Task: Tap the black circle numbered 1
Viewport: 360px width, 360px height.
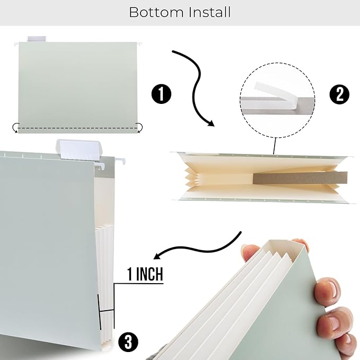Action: [x=161, y=94]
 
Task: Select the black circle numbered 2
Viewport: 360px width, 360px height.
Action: [x=339, y=94]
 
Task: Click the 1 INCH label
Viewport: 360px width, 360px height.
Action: [x=145, y=275]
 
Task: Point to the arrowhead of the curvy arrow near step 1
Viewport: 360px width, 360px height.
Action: [x=210, y=123]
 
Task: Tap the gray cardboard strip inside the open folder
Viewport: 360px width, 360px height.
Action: [x=300, y=178]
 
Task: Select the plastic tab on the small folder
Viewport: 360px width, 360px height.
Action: [x=37, y=39]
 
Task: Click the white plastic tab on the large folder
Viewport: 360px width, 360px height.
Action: [x=77, y=148]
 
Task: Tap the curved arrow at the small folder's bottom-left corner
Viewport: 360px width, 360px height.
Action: [x=16, y=127]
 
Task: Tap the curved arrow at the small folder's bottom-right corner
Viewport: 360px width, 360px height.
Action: [x=139, y=127]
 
